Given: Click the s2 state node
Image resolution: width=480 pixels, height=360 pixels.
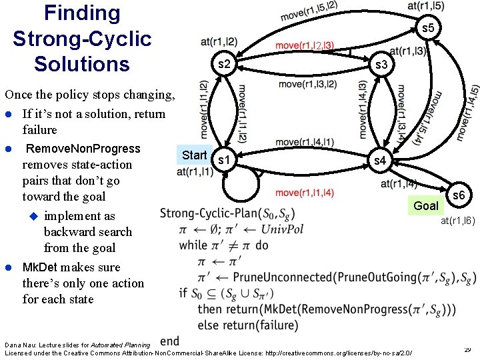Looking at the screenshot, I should pos(225,65).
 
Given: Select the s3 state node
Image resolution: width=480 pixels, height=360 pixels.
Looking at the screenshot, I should pos(381,65).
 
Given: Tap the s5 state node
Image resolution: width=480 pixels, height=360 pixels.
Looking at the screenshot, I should pos(427,28).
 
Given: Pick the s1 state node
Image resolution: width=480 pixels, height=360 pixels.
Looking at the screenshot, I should pos(225,161).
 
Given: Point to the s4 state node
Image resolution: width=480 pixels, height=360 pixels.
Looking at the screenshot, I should pos(379,161).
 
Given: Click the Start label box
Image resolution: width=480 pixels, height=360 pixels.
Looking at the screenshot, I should pos(194,155).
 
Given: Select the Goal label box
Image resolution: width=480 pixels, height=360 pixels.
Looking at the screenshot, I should pos(426,205).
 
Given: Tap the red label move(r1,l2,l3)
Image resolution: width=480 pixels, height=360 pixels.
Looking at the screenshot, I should pos(304,45).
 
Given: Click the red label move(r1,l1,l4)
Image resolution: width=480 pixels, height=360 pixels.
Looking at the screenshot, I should pos(304,193).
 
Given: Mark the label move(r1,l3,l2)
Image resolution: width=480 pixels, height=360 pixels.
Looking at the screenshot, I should pos(307,84).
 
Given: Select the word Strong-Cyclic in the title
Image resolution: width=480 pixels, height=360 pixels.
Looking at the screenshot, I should pos(82,39).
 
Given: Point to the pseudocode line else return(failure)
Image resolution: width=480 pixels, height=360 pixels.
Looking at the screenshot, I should pos(247,325).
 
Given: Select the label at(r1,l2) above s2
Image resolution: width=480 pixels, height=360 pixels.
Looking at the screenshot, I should pos(219,41).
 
